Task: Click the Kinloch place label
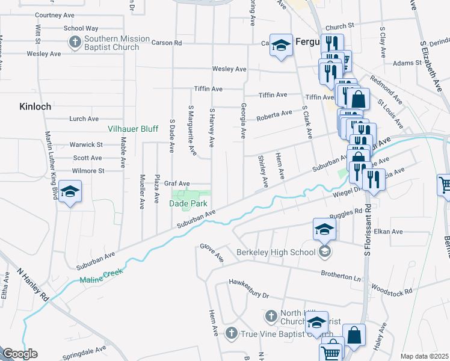point(34,106)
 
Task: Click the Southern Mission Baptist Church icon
point(75,42)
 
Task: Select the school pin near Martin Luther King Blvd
point(70,192)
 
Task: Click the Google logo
point(20,354)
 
